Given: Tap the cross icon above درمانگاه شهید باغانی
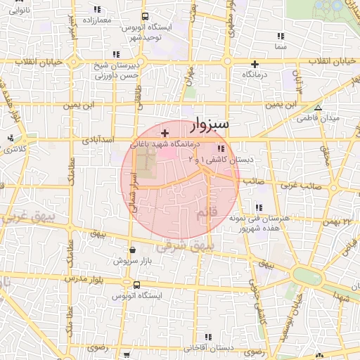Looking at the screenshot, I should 165,133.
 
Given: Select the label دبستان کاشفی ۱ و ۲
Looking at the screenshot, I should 221,160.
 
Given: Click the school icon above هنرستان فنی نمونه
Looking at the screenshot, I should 259,208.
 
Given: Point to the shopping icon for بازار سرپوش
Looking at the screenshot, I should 133,250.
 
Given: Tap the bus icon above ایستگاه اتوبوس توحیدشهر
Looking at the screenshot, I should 145,16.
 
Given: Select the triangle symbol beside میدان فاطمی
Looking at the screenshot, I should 318,108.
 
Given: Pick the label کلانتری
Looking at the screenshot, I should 15,149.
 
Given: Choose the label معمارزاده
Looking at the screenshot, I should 97,20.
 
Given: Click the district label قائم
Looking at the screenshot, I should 219,212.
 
